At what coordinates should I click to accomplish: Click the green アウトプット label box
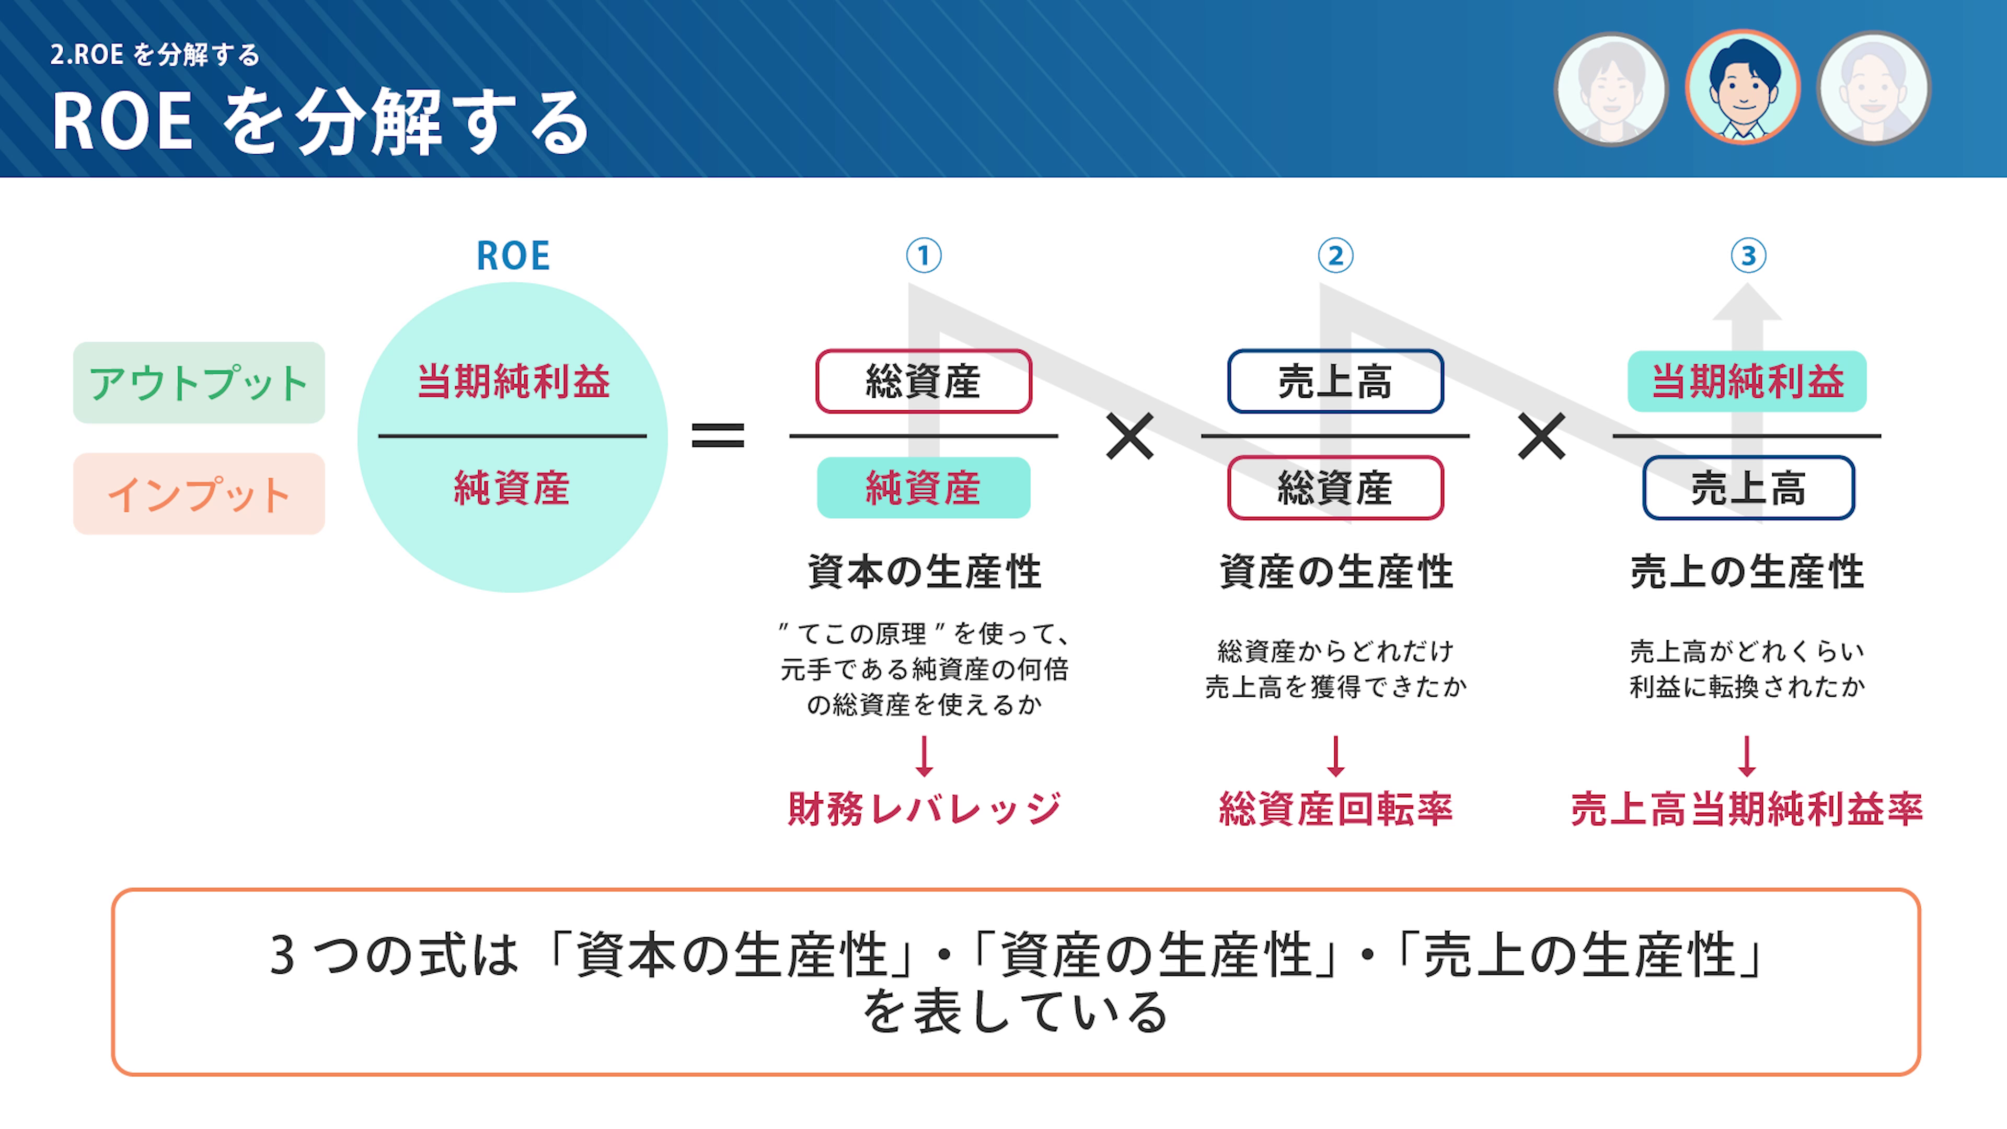click(x=199, y=383)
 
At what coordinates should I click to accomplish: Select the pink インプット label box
click(x=199, y=494)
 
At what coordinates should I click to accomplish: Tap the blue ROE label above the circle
click(x=513, y=256)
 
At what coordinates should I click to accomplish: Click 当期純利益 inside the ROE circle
click(x=513, y=382)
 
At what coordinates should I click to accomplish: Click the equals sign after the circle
click(x=718, y=435)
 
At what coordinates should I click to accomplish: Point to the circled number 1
click(x=924, y=256)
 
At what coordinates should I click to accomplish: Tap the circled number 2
click(x=1335, y=256)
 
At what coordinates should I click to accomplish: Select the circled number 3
click(x=1748, y=256)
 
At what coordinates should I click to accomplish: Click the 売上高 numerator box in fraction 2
click(x=1335, y=382)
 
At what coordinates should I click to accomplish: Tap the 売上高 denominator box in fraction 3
click(x=1748, y=488)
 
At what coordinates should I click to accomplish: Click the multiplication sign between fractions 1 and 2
click(x=1129, y=436)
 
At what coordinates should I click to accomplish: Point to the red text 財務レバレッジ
click(x=924, y=809)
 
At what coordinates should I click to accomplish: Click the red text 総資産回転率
click(x=1335, y=809)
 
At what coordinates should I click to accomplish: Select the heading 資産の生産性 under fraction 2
click(x=1335, y=571)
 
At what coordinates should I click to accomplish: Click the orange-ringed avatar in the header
click(x=1743, y=87)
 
